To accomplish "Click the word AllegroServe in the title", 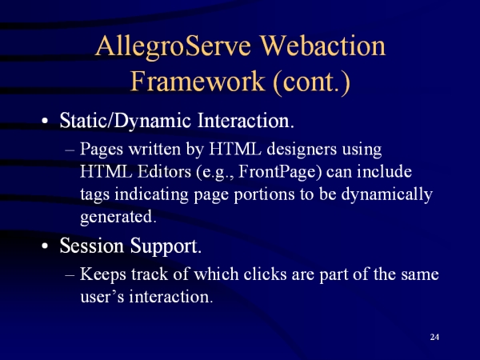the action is (x=173, y=47).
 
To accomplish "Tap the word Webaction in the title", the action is (x=322, y=46).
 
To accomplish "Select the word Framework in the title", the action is (x=198, y=81).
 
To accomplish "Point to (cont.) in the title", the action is (x=311, y=82).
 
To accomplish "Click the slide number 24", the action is (x=434, y=337).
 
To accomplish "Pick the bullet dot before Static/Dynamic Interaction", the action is (x=45, y=121).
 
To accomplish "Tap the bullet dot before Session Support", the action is (x=45, y=246).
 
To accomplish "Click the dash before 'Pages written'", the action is (x=70, y=150).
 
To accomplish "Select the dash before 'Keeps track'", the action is (x=70, y=275).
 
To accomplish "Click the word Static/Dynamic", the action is (x=126, y=121).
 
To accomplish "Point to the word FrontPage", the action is (x=280, y=172).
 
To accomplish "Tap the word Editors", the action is (x=164, y=172).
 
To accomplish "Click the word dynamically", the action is (x=386, y=195).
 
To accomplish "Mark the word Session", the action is (x=92, y=246).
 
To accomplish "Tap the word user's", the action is (x=102, y=297).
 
